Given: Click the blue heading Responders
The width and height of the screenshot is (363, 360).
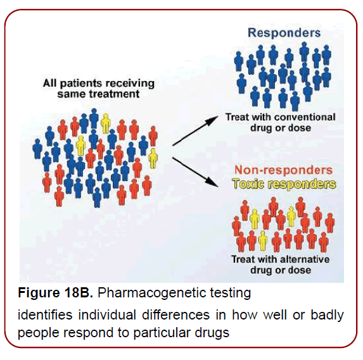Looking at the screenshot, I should [x=284, y=33].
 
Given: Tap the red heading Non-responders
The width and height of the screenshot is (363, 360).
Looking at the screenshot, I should [x=283, y=170].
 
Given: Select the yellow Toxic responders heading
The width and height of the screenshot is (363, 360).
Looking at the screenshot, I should [x=283, y=183].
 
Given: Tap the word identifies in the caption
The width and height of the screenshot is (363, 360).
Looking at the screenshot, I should [x=42, y=314].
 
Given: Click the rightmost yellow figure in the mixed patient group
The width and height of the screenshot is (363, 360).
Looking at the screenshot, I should [x=153, y=158].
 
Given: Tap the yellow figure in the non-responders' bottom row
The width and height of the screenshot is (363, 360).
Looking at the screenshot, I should [x=262, y=239].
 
